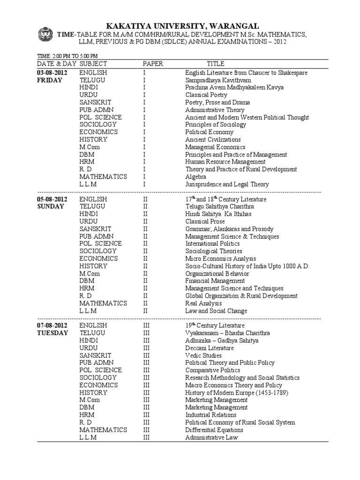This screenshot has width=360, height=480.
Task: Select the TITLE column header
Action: point(216,63)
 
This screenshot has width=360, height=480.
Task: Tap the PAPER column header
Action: point(153,63)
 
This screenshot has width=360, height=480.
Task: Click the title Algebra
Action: point(196,177)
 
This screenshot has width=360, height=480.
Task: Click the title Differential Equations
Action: point(214,430)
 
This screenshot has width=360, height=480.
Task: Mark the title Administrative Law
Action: point(211,437)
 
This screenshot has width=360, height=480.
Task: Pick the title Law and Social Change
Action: point(216,311)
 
